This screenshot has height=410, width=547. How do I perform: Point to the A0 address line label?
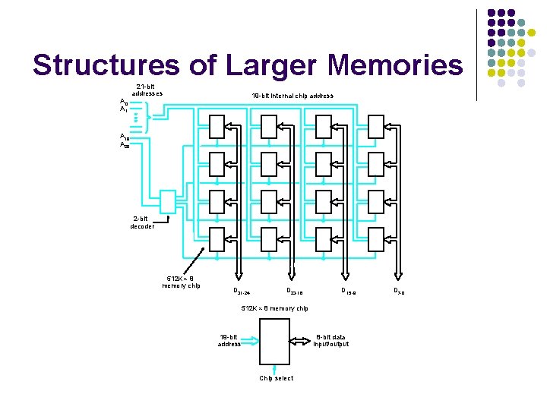123,101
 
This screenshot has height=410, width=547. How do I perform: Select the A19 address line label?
123,137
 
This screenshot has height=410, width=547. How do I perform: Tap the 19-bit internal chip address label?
292,96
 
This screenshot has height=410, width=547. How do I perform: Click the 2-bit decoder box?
169,200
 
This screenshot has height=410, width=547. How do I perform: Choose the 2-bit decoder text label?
142,222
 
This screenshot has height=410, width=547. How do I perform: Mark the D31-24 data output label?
241,292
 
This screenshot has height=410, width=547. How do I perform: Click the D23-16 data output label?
294,292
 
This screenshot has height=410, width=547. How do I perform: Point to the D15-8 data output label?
349,292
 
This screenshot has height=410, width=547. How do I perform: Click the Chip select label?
276,377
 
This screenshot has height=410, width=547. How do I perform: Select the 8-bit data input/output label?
331,340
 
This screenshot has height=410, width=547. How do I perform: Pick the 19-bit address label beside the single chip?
229,340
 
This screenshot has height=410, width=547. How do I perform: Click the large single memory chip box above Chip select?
274,341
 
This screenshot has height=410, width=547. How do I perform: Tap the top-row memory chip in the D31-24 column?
217,127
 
